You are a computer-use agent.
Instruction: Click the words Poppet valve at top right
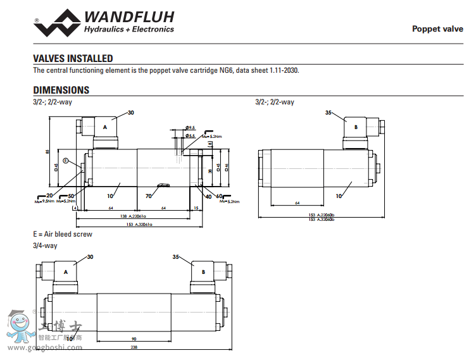point(437,28)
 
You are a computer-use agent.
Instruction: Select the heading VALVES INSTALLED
point(73,58)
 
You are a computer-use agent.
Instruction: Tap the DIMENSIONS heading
point(61,90)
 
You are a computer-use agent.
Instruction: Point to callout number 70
point(149,196)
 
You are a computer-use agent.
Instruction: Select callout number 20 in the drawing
point(49,196)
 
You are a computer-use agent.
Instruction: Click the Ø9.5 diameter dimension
point(191,128)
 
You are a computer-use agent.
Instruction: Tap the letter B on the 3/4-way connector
point(203,271)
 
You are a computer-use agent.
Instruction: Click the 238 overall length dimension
point(134,347)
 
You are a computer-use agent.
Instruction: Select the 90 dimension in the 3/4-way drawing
point(134,338)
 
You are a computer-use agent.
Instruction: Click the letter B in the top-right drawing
point(356,127)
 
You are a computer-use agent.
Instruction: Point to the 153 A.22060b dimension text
point(321,216)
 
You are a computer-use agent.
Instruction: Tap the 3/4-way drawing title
point(45,245)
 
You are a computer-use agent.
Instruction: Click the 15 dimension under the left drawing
point(196,208)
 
